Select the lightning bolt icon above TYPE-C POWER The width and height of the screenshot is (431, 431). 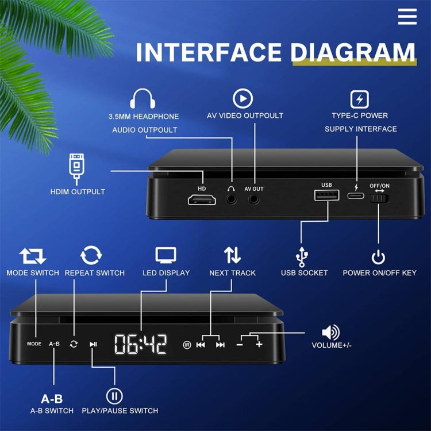(x=360, y=99)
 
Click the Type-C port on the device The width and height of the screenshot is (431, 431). (x=356, y=196)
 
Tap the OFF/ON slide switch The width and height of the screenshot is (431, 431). (x=379, y=199)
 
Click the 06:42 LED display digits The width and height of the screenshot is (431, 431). (x=141, y=344)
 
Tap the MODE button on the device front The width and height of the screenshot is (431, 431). (x=34, y=344)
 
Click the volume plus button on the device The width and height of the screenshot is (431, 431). (x=259, y=344)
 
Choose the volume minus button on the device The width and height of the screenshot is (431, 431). (x=240, y=344)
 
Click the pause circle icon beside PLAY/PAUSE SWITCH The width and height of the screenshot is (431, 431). (x=114, y=395)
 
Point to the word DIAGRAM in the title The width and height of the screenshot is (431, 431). (x=353, y=52)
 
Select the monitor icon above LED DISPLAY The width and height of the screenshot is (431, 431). (x=166, y=255)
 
